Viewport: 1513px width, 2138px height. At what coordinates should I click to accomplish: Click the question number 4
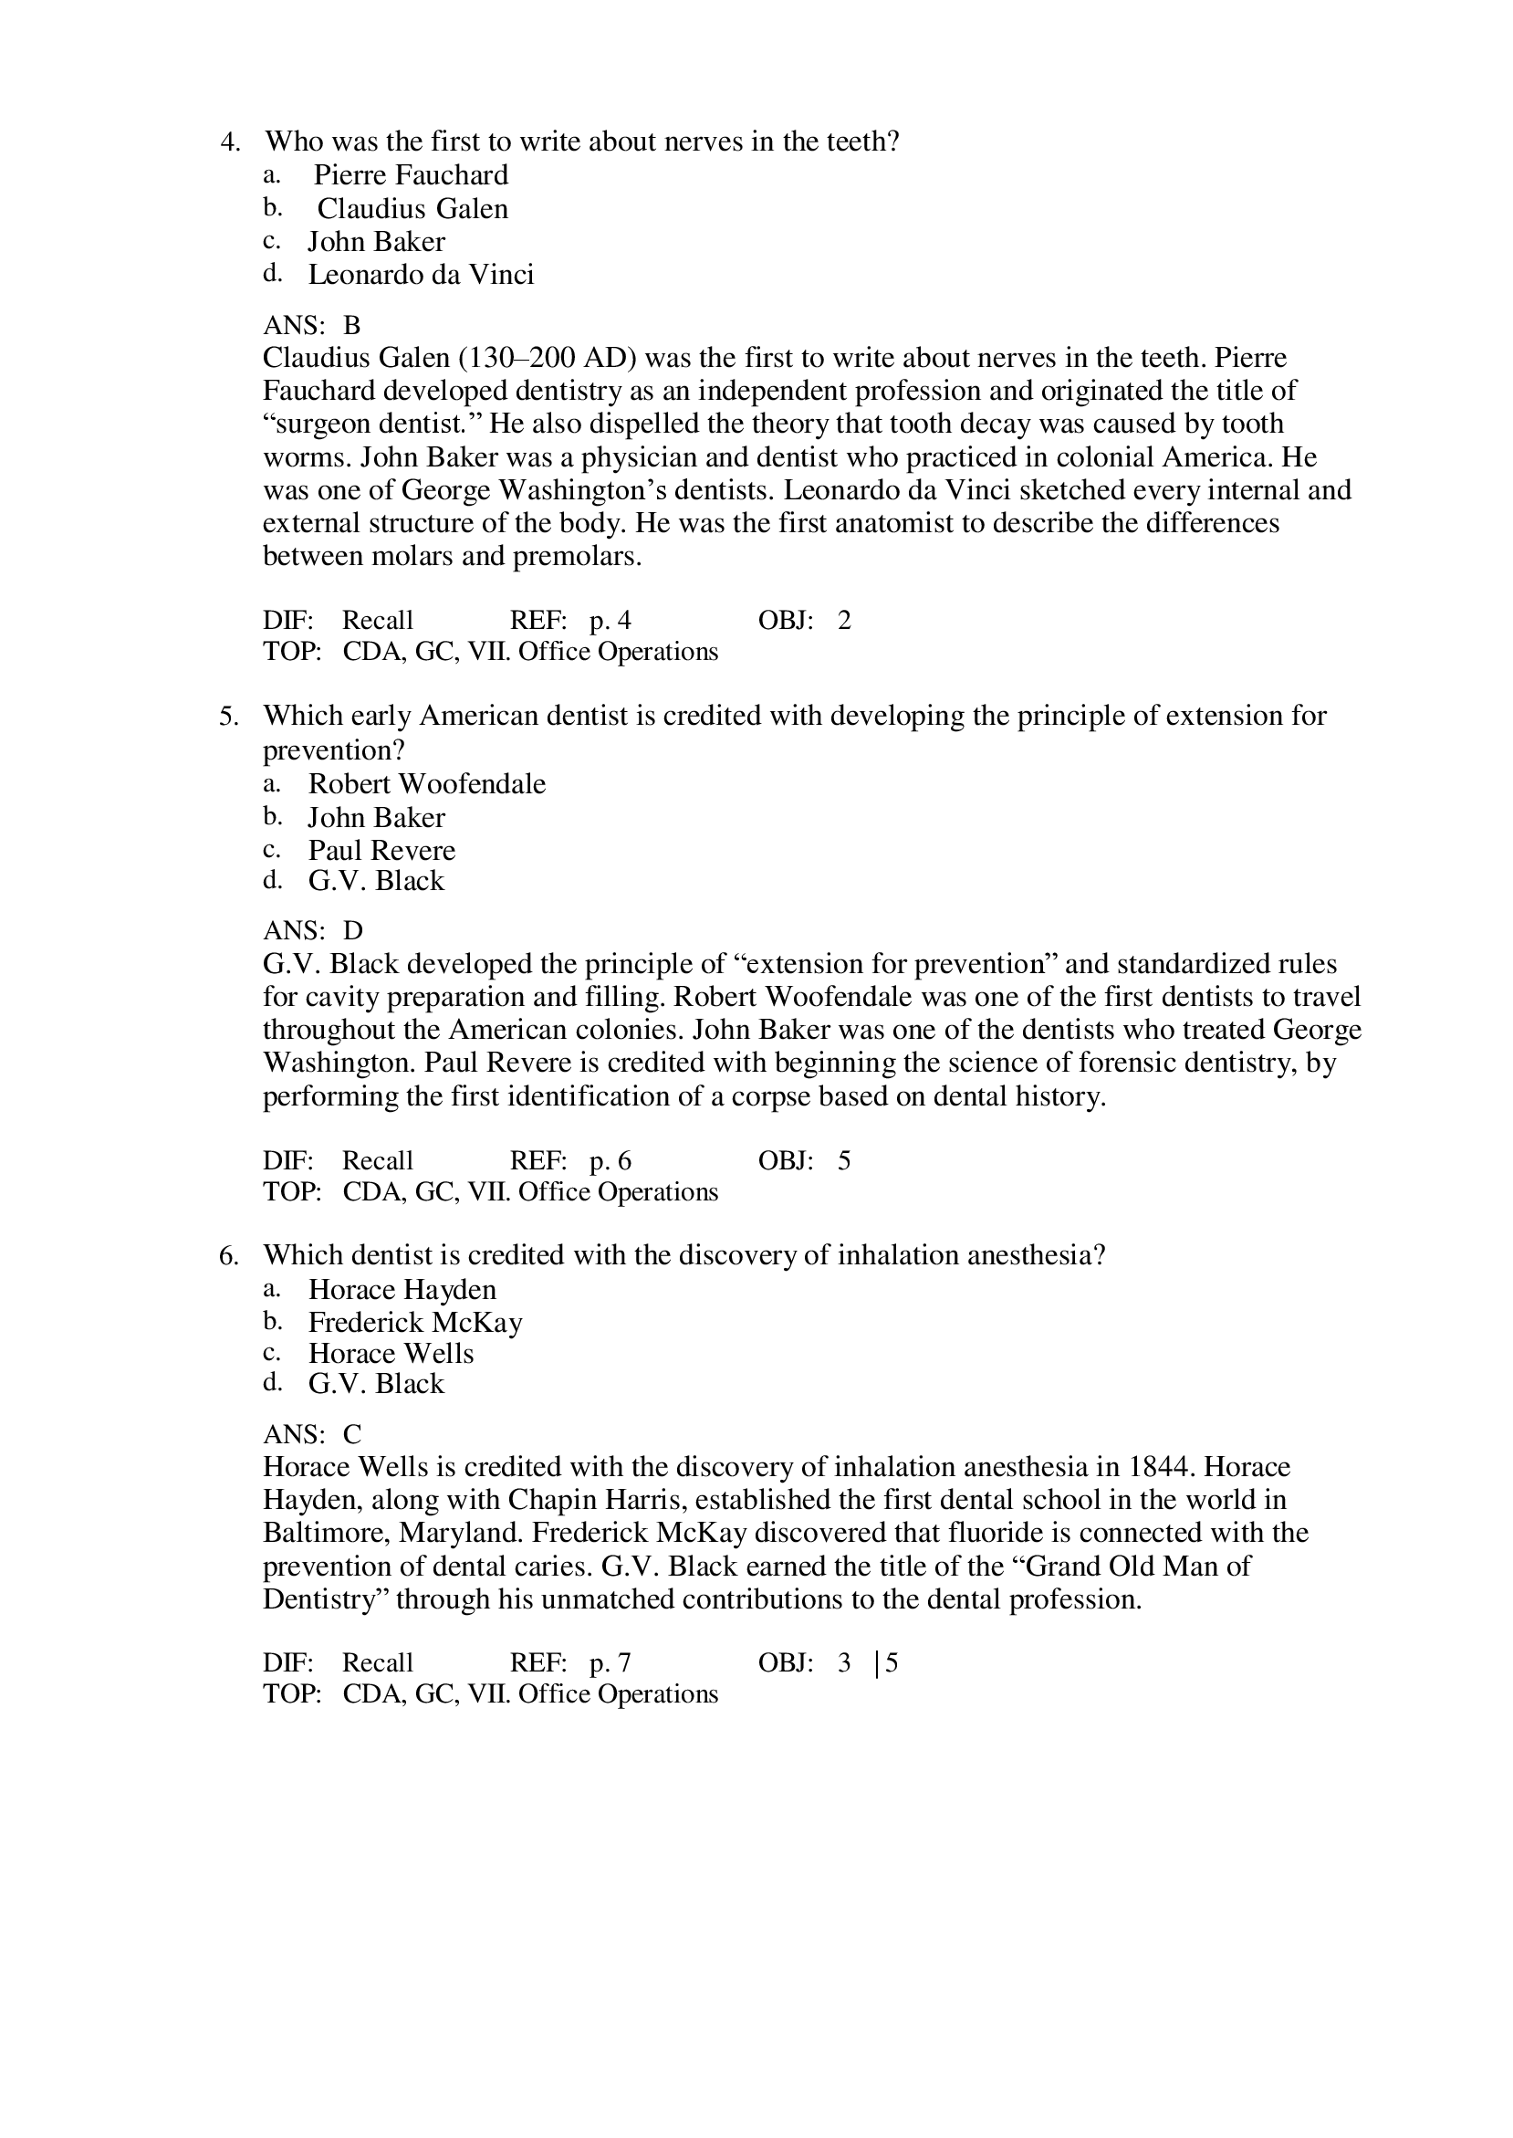[x=230, y=142]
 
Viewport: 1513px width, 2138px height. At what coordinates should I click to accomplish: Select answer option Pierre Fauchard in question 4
[x=410, y=175]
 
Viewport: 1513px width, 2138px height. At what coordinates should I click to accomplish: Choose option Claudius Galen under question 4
[x=412, y=209]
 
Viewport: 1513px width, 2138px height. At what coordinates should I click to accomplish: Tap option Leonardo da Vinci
[x=421, y=275]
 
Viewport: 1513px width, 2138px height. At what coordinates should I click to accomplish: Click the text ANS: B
[x=311, y=325]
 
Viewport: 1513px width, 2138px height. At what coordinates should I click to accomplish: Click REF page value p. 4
[x=610, y=621]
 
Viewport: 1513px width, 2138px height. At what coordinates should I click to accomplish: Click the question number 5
[x=229, y=717]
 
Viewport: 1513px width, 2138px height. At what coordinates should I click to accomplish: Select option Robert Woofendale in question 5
[x=427, y=784]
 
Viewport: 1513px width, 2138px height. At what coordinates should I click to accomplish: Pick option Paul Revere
[x=382, y=851]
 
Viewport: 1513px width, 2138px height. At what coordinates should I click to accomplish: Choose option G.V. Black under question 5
[x=376, y=881]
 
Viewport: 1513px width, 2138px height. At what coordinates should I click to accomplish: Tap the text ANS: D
[x=313, y=931]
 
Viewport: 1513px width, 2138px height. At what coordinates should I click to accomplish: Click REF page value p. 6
[x=610, y=1161]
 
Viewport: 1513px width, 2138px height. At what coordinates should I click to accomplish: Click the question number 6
[x=229, y=1256]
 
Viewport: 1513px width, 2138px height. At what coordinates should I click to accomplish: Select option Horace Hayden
[x=402, y=1290]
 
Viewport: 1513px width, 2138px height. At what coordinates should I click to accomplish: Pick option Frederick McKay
[x=415, y=1324]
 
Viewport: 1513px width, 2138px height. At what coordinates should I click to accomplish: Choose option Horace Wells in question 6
[x=391, y=1354]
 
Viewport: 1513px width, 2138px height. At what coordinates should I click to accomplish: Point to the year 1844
[x=1161, y=1468]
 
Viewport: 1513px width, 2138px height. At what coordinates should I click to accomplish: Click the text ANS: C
[x=312, y=1434]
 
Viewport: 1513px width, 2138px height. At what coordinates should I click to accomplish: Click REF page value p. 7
[x=610, y=1663]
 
